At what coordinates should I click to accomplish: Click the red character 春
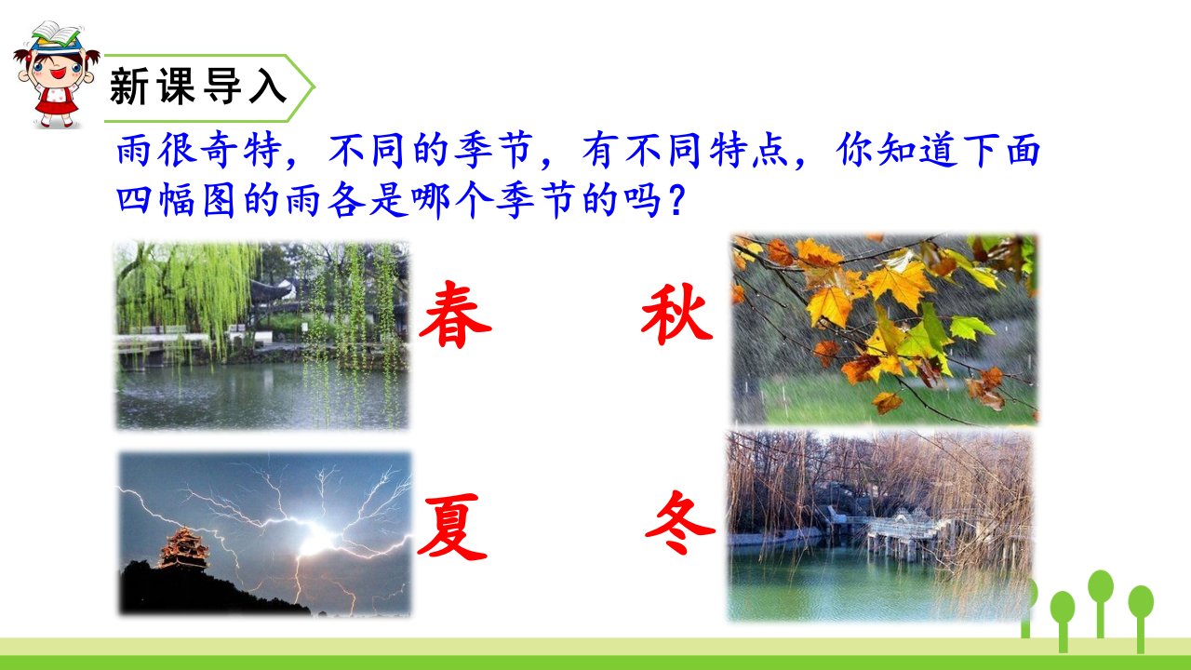pyautogui.click(x=455, y=315)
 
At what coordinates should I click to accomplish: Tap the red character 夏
pyautogui.click(x=452, y=527)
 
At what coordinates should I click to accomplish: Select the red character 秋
pyautogui.click(x=676, y=314)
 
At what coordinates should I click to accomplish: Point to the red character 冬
pyautogui.click(x=679, y=522)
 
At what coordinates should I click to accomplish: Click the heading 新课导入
pyautogui.click(x=198, y=87)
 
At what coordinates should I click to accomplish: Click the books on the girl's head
pyautogui.click(x=55, y=35)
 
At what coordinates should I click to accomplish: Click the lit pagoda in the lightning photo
pyautogui.click(x=184, y=548)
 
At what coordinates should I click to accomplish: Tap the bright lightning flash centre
pyautogui.click(x=316, y=537)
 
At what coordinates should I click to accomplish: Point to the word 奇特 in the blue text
pyautogui.click(x=220, y=151)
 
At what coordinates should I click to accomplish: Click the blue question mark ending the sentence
pyautogui.click(x=676, y=202)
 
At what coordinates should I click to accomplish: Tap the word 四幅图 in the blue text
pyautogui.click(x=176, y=201)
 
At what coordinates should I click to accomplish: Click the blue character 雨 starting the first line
pyautogui.click(x=134, y=151)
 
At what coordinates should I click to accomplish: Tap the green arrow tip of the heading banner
pyautogui.click(x=314, y=87)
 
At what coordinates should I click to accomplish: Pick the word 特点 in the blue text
pyautogui.click(x=749, y=151)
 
